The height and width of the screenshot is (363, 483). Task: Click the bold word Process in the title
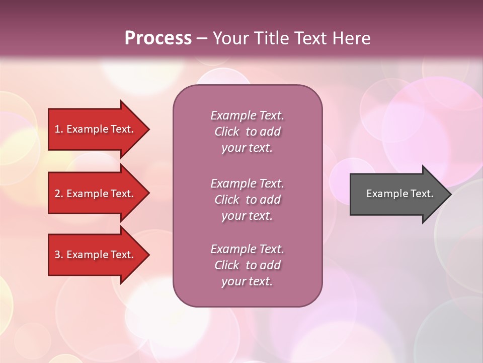click(x=158, y=38)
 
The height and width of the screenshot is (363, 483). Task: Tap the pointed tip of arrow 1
click(x=148, y=130)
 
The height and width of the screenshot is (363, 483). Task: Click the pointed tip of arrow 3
click(x=148, y=255)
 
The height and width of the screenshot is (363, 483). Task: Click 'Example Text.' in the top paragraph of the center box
click(x=247, y=115)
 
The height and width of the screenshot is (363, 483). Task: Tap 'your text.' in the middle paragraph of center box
click(x=247, y=216)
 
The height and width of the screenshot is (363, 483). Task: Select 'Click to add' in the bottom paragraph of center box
click(x=247, y=265)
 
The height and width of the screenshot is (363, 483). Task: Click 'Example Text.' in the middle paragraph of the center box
click(x=247, y=184)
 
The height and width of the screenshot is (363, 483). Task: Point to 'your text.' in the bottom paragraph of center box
click(x=247, y=281)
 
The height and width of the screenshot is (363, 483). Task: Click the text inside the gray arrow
click(x=400, y=194)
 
